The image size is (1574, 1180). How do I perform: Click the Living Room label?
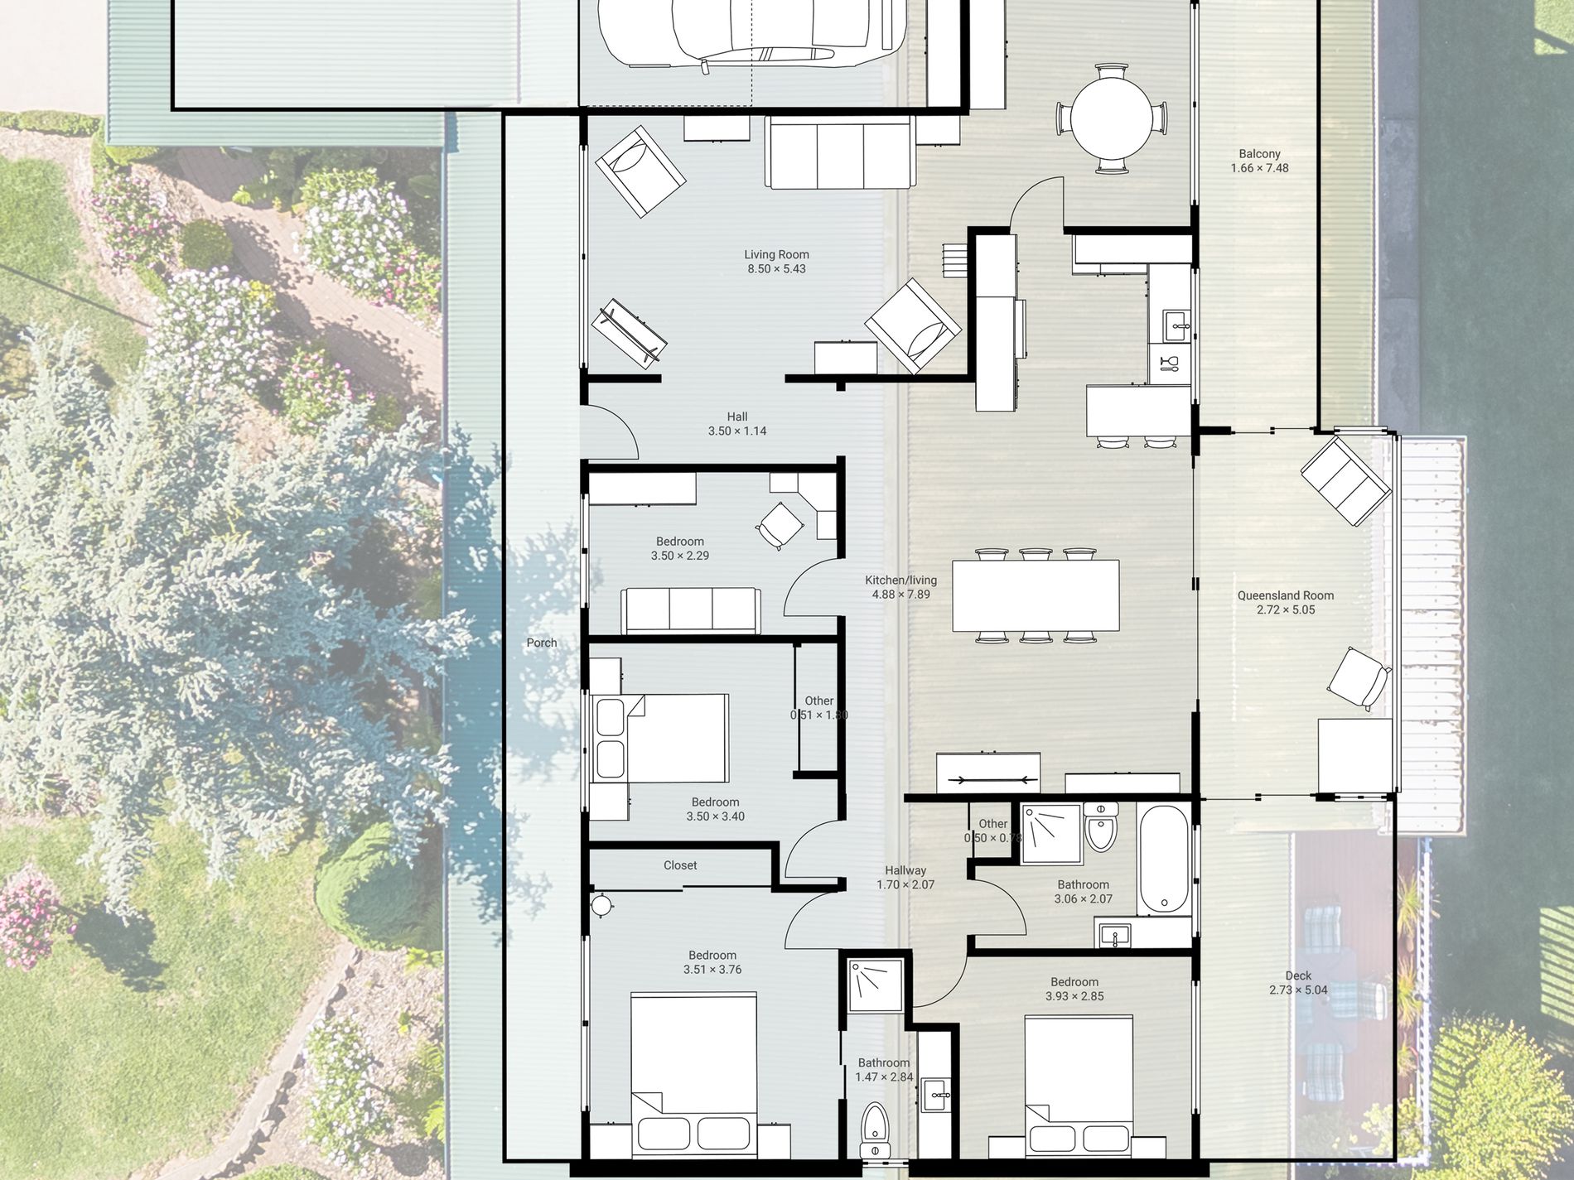(x=776, y=254)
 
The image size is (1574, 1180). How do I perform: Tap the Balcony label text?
(x=1259, y=154)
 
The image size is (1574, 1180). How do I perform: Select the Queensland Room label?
(x=1286, y=595)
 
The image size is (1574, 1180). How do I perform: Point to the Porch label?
(x=542, y=643)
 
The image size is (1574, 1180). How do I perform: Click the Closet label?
(x=680, y=865)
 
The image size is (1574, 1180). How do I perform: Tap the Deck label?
(x=1298, y=975)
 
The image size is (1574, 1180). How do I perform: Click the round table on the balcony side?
(x=1112, y=119)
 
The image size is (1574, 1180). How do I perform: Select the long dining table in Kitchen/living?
(x=1036, y=596)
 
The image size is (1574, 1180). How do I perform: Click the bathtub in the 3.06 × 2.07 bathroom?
(x=1164, y=860)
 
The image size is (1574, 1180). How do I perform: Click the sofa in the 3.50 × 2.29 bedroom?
(x=690, y=611)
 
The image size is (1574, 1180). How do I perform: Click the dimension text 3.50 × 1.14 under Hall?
(x=737, y=431)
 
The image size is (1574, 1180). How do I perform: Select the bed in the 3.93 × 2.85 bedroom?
(x=1079, y=1086)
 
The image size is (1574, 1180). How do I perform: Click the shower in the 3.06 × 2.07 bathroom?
(x=1051, y=834)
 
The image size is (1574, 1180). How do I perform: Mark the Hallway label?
(x=905, y=870)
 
